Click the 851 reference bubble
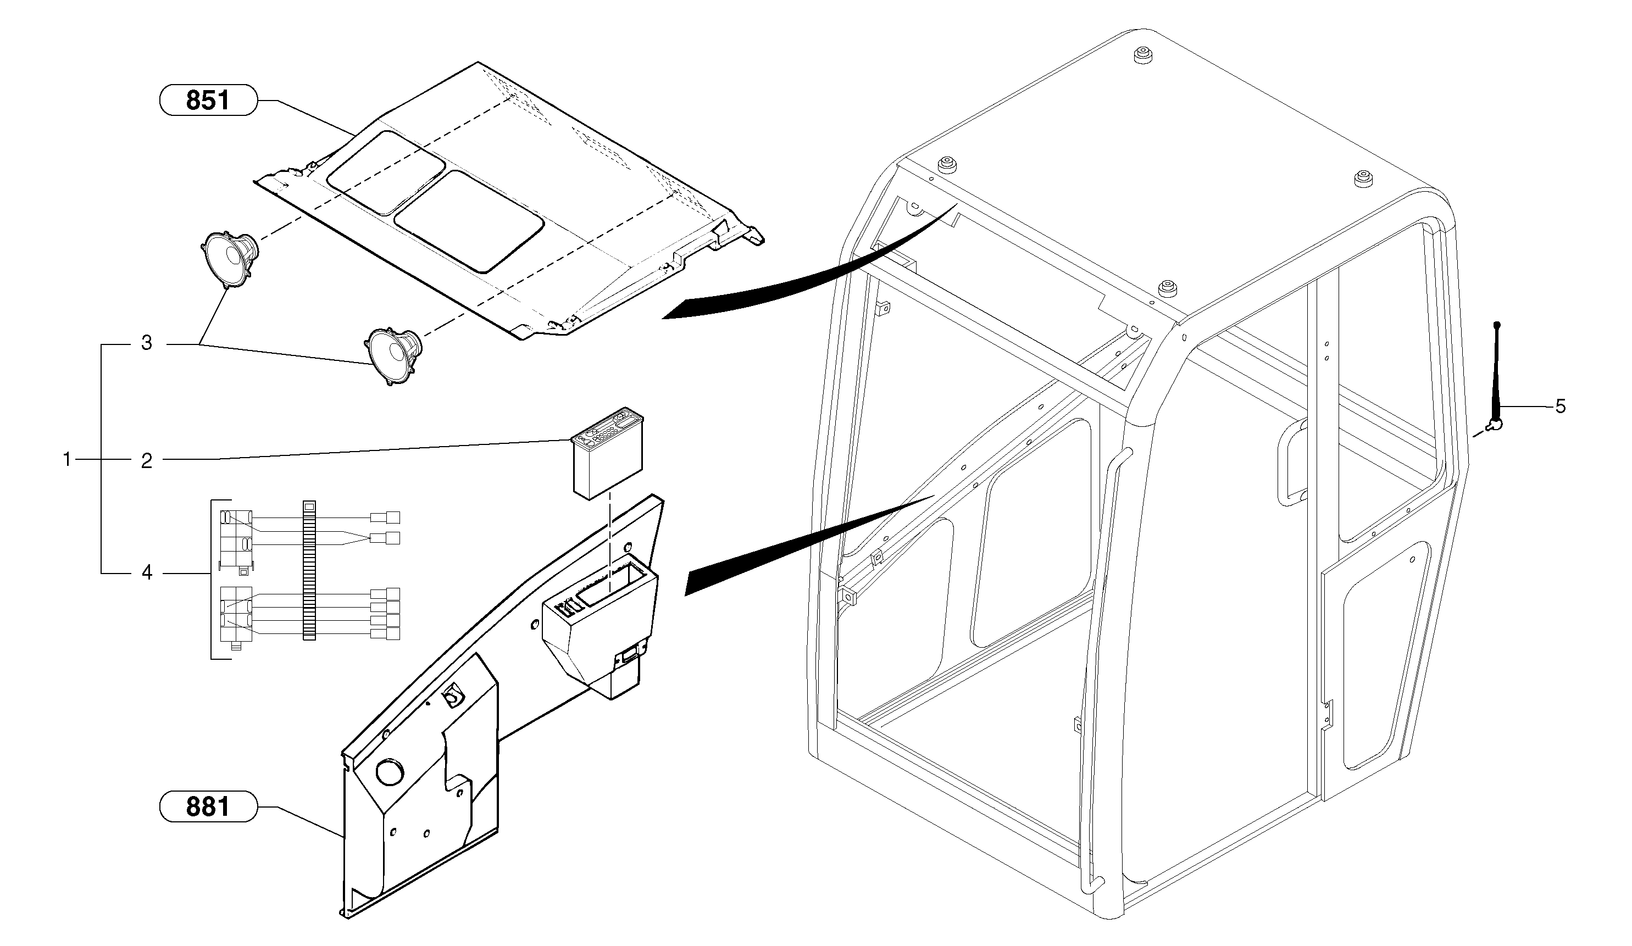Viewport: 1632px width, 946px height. [x=208, y=101]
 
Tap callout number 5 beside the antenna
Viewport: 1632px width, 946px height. [x=1560, y=407]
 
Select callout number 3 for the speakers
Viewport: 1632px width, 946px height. [x=147, y=344]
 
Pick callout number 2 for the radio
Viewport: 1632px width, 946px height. [x=147, y=461]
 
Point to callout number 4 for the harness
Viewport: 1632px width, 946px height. [x=147, y=573]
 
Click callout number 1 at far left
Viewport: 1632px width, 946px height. [x=66, y=460]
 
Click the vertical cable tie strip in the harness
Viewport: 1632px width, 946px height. [x=309, y=570]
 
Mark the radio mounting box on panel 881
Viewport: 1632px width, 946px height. [x=599, y=628]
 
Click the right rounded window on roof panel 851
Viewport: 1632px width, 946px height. [x=469, y=221]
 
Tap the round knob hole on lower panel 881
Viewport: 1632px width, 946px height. [x=389, y=773]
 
